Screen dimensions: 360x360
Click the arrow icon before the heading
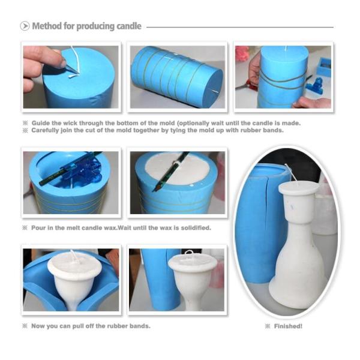[25, 26]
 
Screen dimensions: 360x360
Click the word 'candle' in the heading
[128, 26]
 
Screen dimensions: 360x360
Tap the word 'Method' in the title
[46, 26]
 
